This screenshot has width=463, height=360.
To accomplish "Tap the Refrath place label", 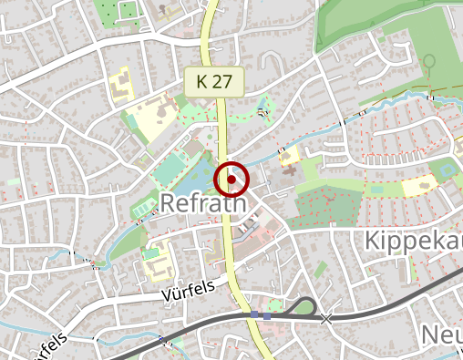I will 204,203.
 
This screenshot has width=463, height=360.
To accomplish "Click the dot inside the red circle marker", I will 232,180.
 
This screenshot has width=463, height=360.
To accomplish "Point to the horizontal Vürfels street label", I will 188,293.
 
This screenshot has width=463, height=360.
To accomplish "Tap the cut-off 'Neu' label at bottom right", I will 441,334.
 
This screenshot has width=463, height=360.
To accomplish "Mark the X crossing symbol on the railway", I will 326,318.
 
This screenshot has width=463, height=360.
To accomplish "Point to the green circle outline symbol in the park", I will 428,61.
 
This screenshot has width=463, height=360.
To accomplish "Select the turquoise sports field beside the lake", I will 170,170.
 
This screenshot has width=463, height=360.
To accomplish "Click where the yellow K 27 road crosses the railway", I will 250,314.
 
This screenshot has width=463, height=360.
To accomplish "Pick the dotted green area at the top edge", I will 124,12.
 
